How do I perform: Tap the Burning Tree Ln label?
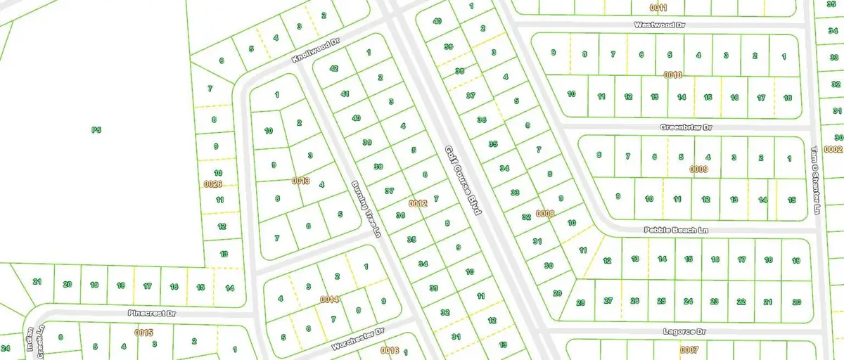pos(366,209)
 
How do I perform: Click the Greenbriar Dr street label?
pos(686,128)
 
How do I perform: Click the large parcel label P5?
pos(96,129)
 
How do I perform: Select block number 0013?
pos(300,181)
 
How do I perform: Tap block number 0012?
pos(418,203)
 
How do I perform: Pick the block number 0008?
pos(545,212)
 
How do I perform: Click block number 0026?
pos(212,184)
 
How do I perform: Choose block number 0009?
pos(698,169)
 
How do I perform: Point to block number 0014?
pos(330,300)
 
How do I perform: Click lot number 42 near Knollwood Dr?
pos(333,69)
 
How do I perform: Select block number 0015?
pos(144,332)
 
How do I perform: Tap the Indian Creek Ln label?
pos(31,342)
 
